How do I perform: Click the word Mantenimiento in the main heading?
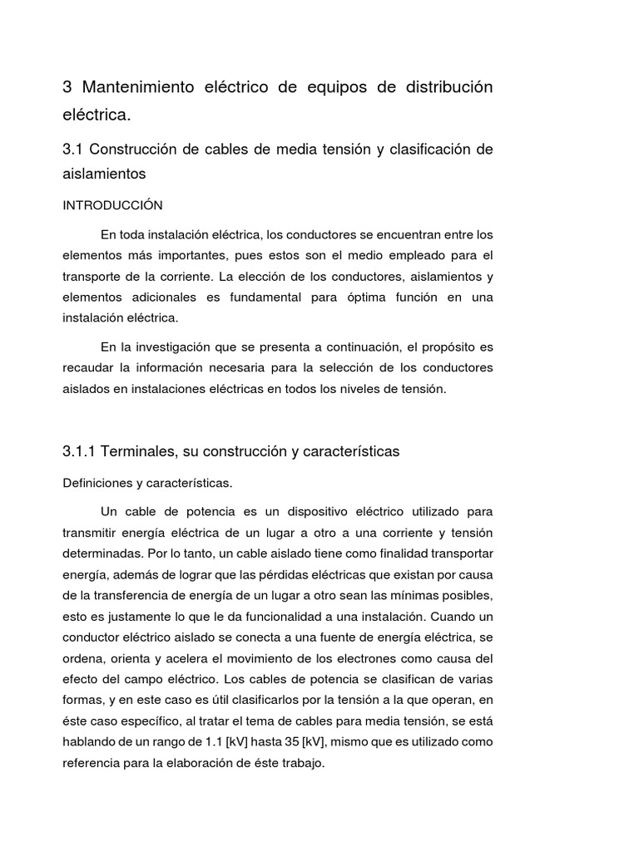138,87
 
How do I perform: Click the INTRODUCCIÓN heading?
112,205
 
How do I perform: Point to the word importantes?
186,255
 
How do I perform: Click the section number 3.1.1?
80,451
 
